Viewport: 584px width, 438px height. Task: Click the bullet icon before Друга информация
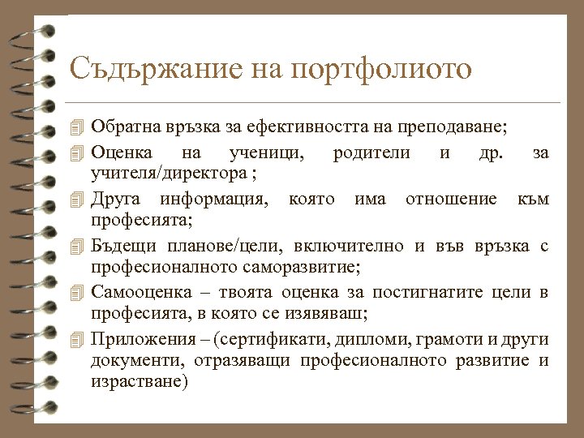click(x=77, y=199)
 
